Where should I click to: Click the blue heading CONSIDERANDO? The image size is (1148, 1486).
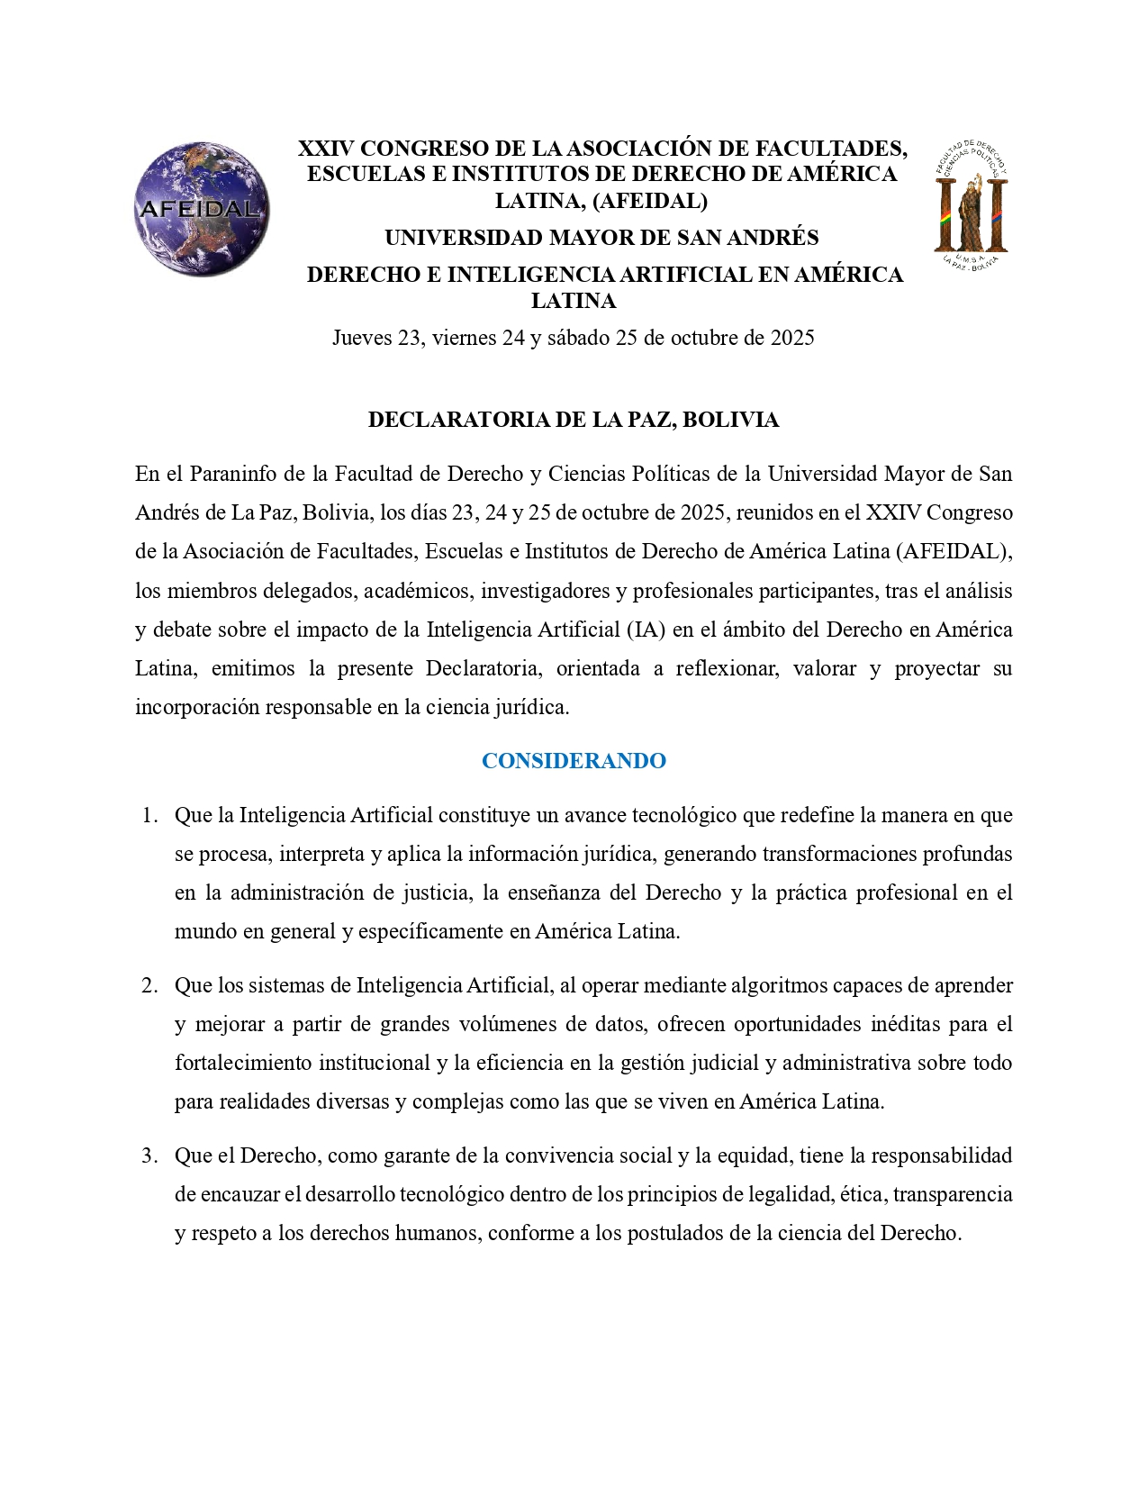(574, 761)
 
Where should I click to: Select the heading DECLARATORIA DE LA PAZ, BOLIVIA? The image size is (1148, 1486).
(574, 420)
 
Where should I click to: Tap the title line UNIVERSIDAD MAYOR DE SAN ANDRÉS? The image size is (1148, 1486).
(601, 238)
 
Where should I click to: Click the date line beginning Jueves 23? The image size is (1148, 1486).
(574, 338)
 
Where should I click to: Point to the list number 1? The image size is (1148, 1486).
(149, 815)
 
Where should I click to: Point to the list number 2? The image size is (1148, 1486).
(149, 985)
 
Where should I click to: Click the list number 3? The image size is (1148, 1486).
(149, 1155)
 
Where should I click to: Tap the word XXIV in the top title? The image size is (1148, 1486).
(325, 149)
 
